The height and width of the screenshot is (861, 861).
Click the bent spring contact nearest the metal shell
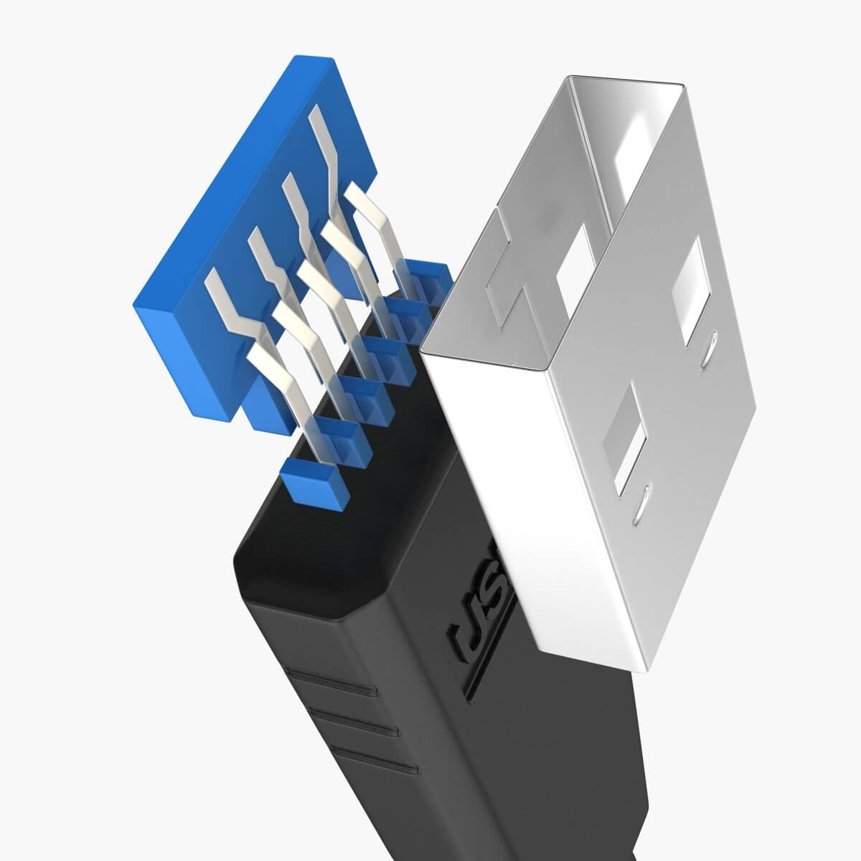(x=373, y=230)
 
